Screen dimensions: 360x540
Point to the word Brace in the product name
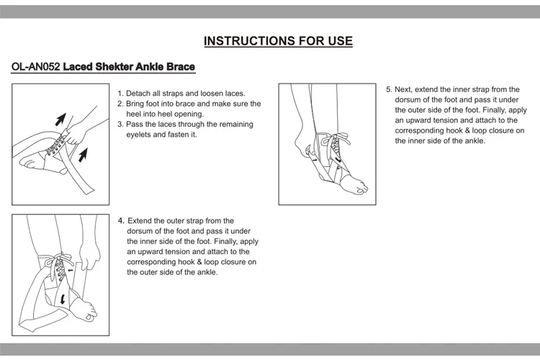[179, 68]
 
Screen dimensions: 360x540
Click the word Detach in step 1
[138, 94]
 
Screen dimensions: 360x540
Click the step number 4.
[120, 220]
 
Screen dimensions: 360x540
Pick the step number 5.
[389, 90]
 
